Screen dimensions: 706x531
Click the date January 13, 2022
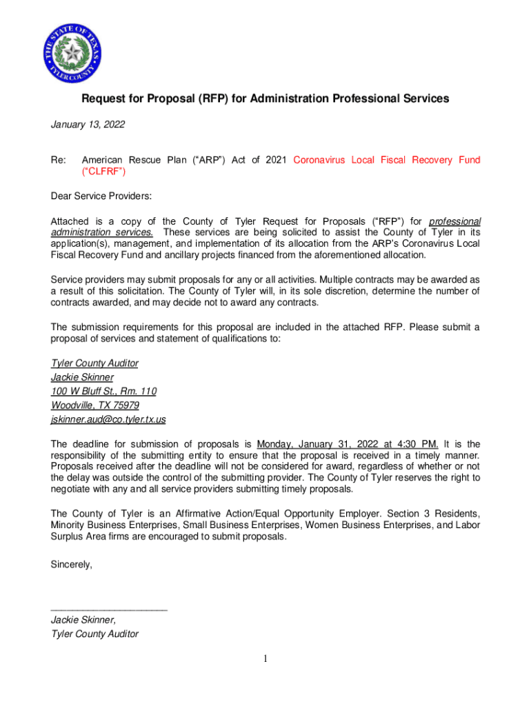point(88,124)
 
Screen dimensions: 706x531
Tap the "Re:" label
point(59,160)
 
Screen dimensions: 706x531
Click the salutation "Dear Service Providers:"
point(101,196)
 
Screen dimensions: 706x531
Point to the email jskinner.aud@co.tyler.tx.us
point(108,419)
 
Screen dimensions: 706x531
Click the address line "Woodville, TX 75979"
point(95,405)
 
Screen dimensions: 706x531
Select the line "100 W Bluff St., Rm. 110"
point(103,391)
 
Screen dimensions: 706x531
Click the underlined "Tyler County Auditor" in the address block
point(94,363)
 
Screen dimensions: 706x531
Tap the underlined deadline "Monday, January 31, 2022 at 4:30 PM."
point(348,444)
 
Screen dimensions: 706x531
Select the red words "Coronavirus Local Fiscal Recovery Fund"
point(386,160)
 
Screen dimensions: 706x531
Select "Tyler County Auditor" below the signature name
point(94,634)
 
